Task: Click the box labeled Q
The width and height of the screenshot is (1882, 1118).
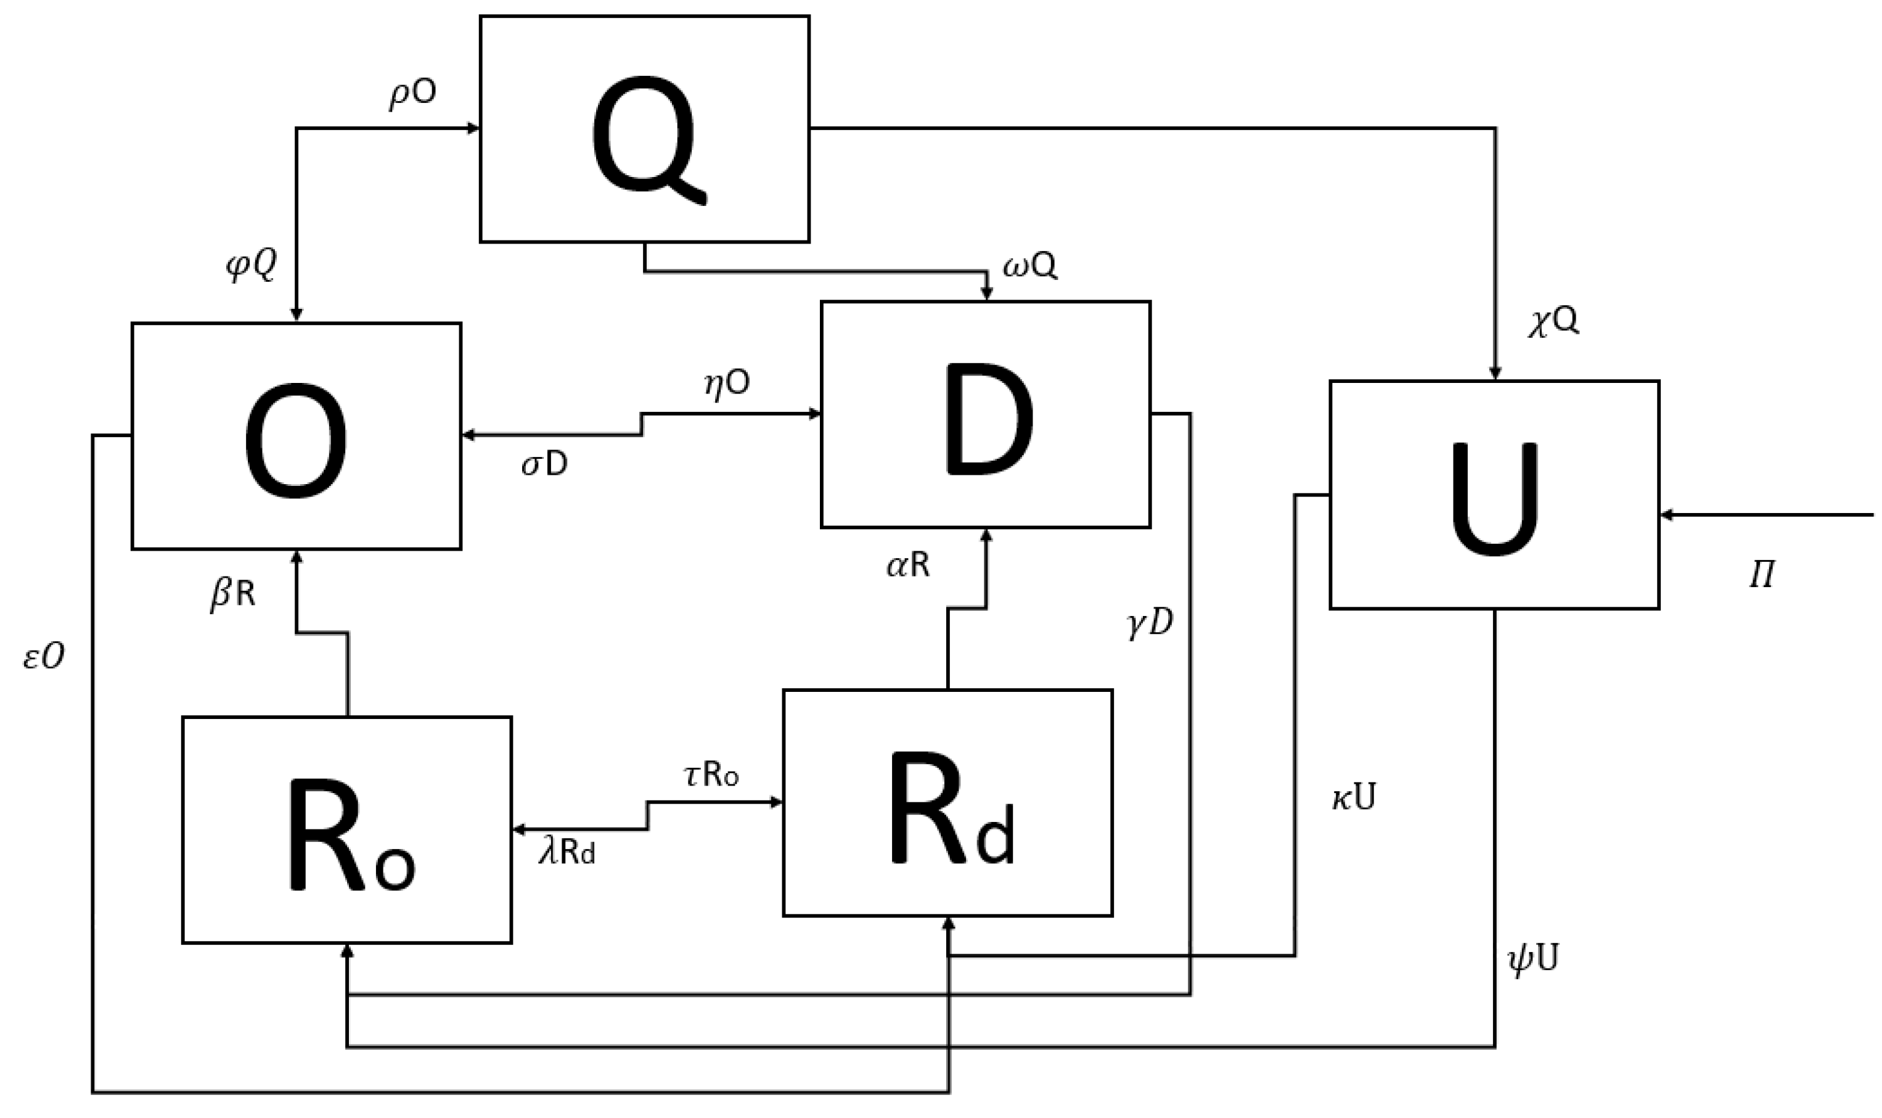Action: pyautogui.click(x=645, y=129)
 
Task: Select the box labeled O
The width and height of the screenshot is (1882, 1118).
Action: pyautogui.click(x=296, y=436)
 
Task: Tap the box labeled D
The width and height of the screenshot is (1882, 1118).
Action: pyautogui.click(x=985, y=414)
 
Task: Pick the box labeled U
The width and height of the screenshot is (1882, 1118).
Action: pyautogui.click(x=1494, y=495)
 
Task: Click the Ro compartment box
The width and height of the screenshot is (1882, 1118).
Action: pyautogui.click(x=346, y=829)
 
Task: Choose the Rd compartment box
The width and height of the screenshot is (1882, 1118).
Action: pyautogui.click(x=947, y=803)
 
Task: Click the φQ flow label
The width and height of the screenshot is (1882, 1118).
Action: pyautogui.click(x=252, y=265)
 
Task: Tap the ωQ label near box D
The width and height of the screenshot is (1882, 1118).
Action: pyautogui.click(x=1029, y=265)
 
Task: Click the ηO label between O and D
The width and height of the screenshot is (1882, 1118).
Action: pyautogui.click(x=727, y=384)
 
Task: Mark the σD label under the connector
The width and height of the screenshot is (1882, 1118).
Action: pyautogui.click(x=544, y=466)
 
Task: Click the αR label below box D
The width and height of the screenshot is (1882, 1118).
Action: pyautogui.click(x=907, y=565)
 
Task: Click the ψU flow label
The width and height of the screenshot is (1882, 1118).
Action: pyautogui.click(x=1532, y=959)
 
